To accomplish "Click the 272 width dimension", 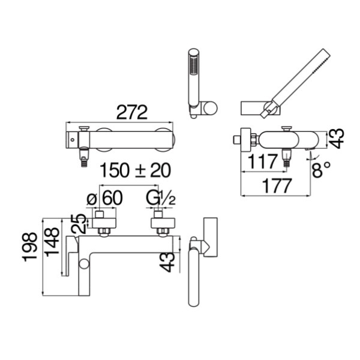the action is (132, 112).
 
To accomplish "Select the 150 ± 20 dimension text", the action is (136, 170).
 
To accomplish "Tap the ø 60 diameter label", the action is (104, 198).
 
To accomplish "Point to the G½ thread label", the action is (161, 198).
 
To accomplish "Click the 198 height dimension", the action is (29, 247).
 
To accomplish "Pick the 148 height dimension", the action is (52, 242).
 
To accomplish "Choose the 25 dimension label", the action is (78, 224).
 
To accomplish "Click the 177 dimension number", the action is (277, 186).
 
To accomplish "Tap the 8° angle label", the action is (321, 169).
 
